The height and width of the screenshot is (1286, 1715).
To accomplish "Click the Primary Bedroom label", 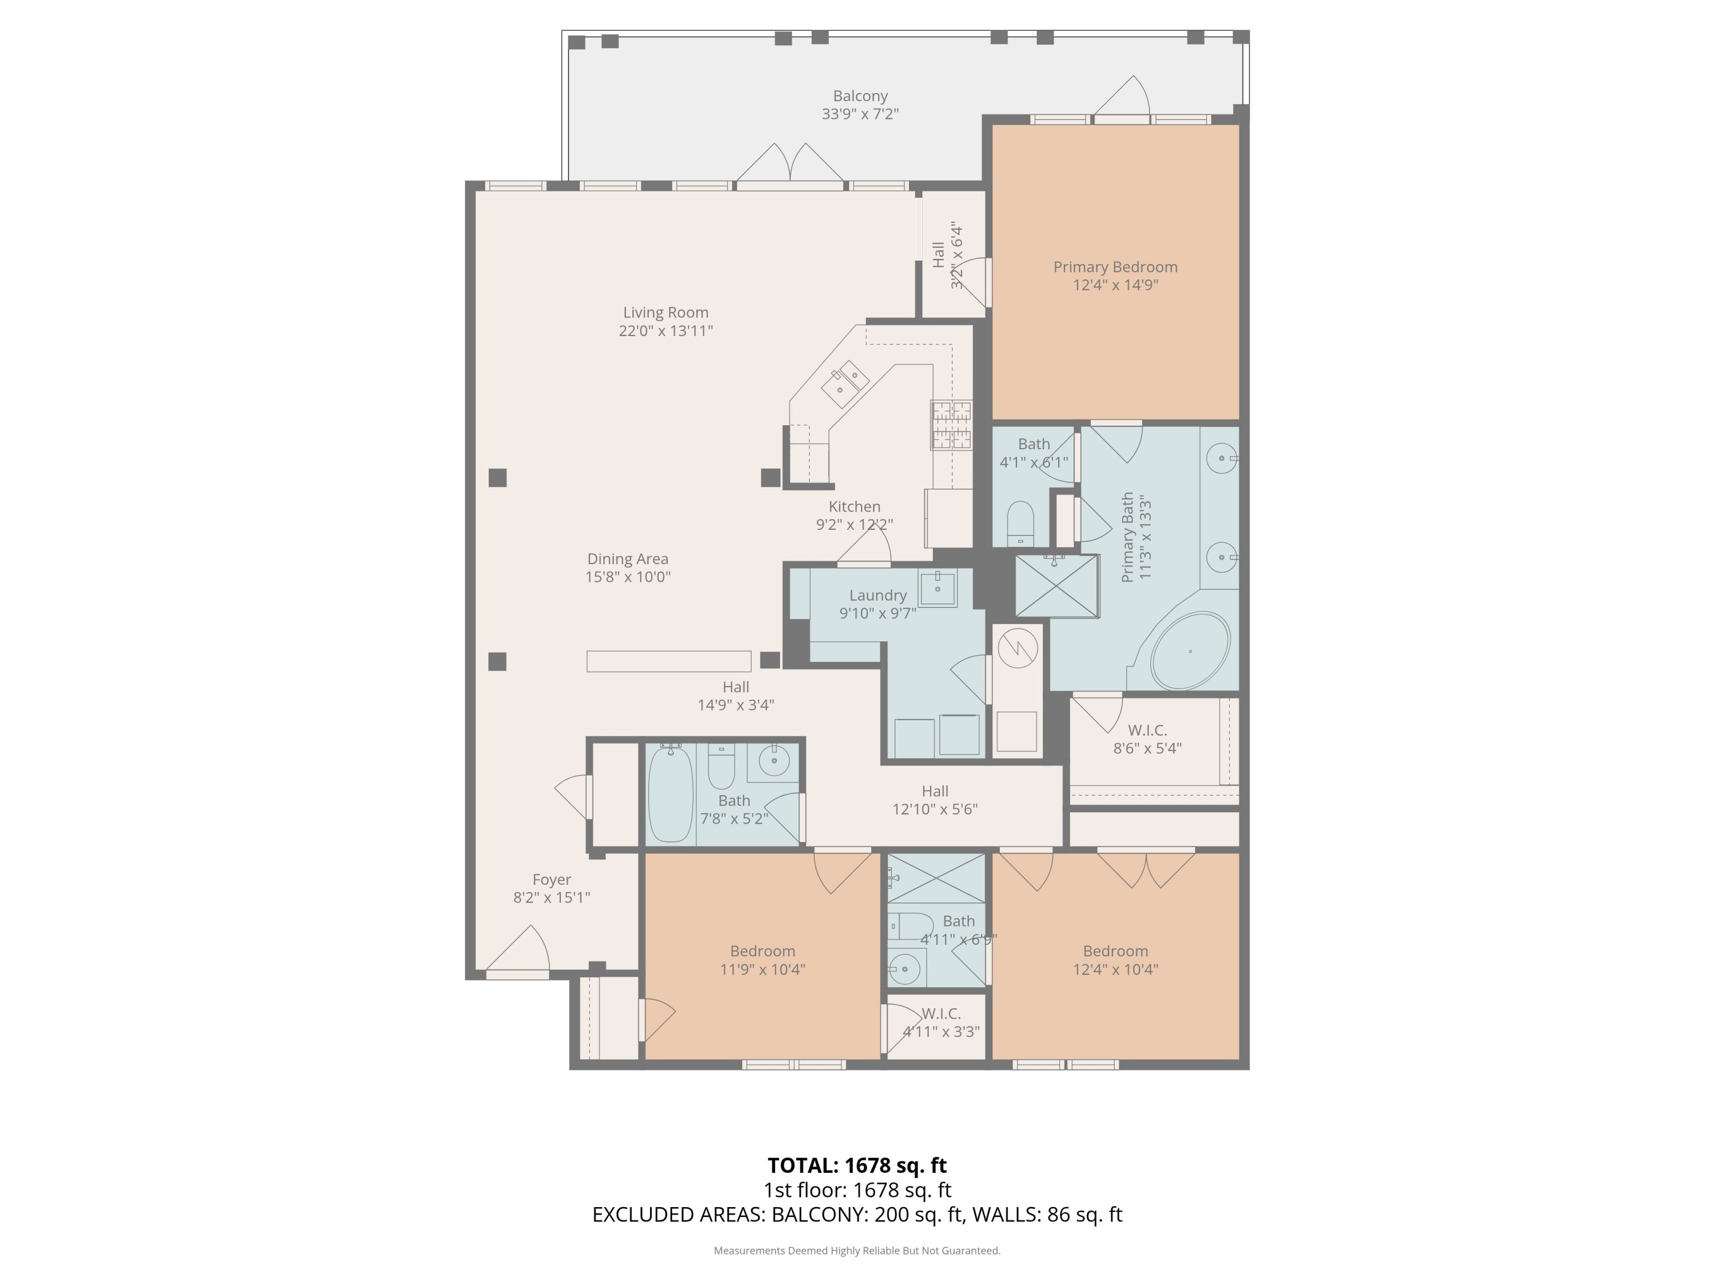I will coord(1115,267).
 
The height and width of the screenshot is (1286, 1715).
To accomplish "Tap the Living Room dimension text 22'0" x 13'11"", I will coord(665,331).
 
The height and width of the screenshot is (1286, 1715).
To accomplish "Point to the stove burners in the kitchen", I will coord(951,425).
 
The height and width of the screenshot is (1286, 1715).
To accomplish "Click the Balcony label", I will coord(860,96).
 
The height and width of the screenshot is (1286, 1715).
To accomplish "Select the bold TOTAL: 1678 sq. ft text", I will coord(857,1165).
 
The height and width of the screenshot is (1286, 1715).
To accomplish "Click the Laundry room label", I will coord(878,596).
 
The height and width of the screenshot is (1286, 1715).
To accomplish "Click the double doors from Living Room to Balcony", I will coord(790,165).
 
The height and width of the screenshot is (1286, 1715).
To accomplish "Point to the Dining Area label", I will coord(627,559).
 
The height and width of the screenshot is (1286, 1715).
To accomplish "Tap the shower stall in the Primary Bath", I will coord(1057,586).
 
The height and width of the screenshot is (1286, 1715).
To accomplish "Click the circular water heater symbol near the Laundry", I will coord(1017,648).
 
